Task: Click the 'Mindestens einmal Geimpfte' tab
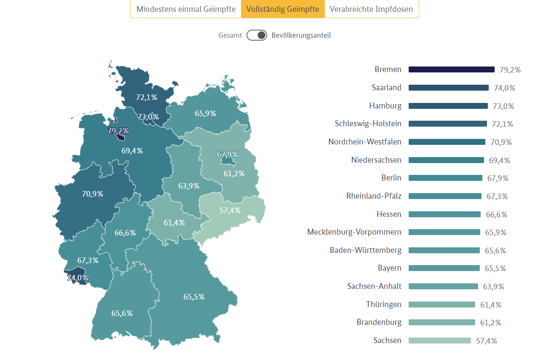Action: pyautogui.click(x=186, y=9)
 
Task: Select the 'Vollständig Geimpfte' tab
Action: pyautogui.click(x=283, y=9)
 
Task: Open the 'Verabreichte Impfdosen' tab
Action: pyautogui.click(x=371, y=9)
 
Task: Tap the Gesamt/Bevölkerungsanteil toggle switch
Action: pyautogui.click(x=257, y=35)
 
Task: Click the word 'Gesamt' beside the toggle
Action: pyautogui.click(x=230, y=36)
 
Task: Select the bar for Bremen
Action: pyautogui.click(x=451, y=69)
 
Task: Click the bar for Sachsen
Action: pyautogui.click(x=440, y=341)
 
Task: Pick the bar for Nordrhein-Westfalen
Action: pyautogui.click(x=447, y=142)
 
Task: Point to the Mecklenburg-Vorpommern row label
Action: pyautogui.click(x=354, y=232)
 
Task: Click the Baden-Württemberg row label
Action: pyautogui.click(x=366, y=250)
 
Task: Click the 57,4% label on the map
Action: pyautogui.click(x=230, y=210)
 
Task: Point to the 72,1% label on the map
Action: pyautogui.click(x=147, y=97)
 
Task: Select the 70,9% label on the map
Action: pyautogui.click(x=92, y=194)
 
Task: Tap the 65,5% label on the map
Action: pyautogui.click(x=194, y=297)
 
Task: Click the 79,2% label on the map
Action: pyautogui.click(x=118, y=130)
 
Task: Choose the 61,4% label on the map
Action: pyautogui.click(x=174, y=223)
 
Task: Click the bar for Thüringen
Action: pyautogui.click(x=442, y=305)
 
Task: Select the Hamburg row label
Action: pyautogui.click(x=385, y=106)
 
